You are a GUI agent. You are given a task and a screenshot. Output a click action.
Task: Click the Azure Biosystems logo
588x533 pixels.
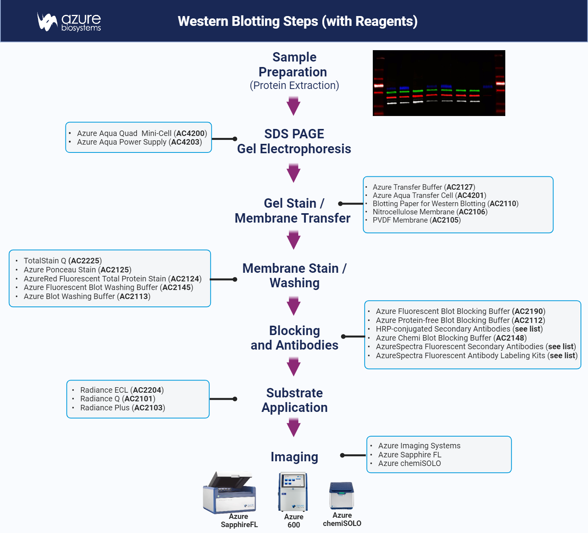(x=69, y=22)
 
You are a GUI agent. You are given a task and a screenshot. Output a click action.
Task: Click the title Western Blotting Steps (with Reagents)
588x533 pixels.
(x=298, y=21)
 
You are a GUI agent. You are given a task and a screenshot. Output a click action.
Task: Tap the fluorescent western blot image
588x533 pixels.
(x=439, y=83)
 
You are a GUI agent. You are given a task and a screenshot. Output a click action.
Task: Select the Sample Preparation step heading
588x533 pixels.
(x=294, y=65)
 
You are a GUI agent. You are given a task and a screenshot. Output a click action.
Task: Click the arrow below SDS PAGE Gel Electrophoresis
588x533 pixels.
(x=293, y=173)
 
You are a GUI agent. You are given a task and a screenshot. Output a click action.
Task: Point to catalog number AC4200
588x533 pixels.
(x=191, y=133)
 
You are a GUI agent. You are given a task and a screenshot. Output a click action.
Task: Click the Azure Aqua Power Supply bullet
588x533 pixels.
(x=139, y=142)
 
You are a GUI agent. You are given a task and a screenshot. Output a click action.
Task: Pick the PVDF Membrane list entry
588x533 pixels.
(x=416, y=220)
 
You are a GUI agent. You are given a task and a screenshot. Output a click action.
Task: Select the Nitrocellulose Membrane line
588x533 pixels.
(x=430, y=212)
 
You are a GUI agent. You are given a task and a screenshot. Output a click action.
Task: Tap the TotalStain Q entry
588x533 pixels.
(x=62, y=261)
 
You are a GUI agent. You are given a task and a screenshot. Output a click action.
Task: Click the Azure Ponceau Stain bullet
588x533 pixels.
(x=77, y=270)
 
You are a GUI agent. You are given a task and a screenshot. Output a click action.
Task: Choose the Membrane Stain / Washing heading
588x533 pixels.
(x=294, y=276)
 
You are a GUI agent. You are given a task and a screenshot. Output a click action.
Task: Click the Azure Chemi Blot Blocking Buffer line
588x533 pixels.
(x=451, y=338)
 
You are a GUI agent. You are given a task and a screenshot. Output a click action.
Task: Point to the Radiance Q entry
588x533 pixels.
(x=118, y=399)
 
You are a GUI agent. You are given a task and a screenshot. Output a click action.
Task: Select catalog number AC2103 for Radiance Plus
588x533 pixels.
(x=148, y=408)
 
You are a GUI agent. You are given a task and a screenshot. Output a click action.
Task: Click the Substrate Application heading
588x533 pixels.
(x=294, y=400)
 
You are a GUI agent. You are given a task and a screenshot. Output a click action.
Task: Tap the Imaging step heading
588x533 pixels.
(x=294, y=457)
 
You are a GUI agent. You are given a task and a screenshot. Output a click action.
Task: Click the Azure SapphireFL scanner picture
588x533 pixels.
(x=230, y=493)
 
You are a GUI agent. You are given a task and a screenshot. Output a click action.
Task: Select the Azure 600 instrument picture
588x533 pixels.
(x=293, y=492)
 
